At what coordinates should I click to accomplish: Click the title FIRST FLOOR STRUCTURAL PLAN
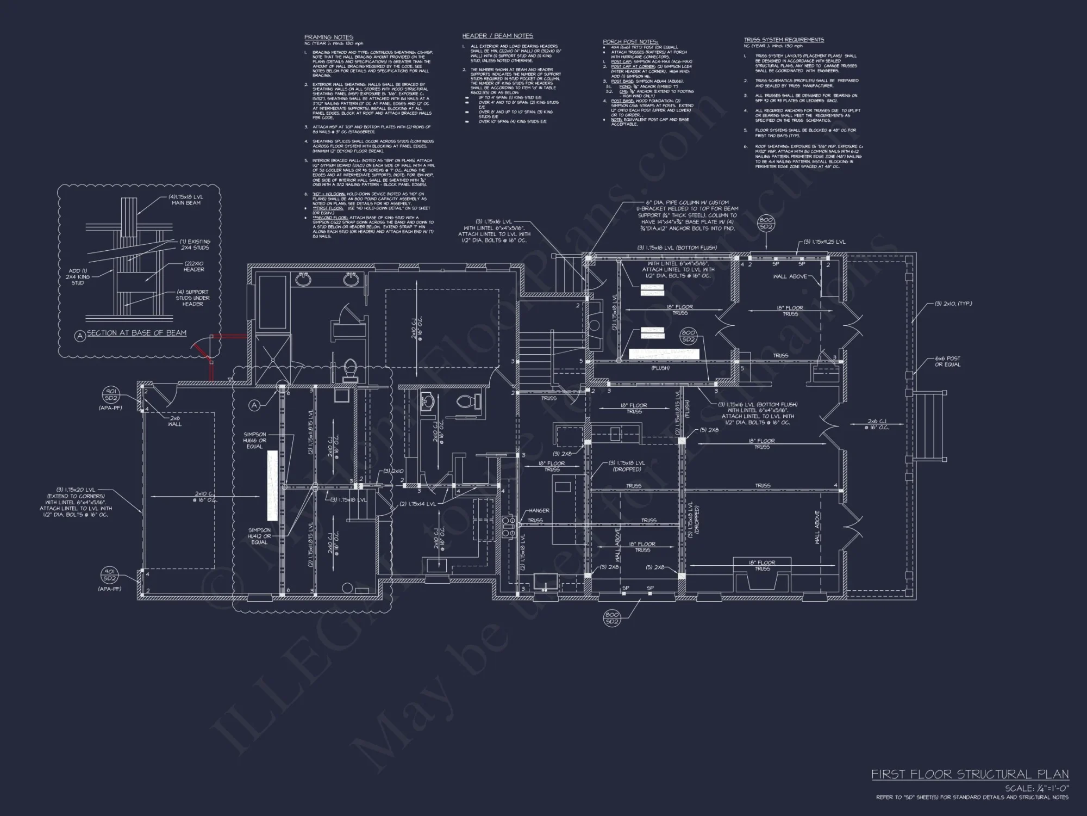(x=970, y=774)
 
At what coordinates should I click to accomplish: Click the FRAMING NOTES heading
(x=328, y=38)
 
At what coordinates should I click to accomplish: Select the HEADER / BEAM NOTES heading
(x=497, y=36)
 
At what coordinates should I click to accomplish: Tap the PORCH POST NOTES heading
(x=630, y=42)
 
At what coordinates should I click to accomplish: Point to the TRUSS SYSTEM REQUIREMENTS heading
(x=784, y=40)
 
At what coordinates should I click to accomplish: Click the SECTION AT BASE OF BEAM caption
(x=136, y=333)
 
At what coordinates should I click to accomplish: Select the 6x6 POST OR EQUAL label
(x=947, y=361)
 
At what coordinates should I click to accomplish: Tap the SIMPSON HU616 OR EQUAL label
(x=254, y=440)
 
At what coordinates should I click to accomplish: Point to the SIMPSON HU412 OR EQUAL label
(x=259, y=536)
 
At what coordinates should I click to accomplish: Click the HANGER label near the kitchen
(x=539, y=510)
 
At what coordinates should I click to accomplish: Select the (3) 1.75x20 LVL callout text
(x=76, y=502)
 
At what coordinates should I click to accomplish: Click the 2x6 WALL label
(x=174, y=421)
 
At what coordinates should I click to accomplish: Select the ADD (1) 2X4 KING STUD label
(x=77, y=277)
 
